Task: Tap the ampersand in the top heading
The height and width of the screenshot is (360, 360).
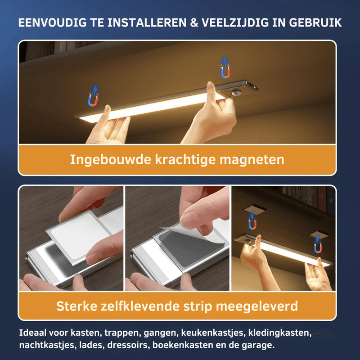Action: pos(194,23)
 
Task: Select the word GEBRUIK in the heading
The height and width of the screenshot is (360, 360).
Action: pos(315,23)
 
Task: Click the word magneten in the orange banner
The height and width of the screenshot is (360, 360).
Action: pos(252,160)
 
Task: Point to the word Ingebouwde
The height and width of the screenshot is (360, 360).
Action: pos(110,159)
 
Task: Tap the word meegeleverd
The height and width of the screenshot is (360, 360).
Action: pos(257,306)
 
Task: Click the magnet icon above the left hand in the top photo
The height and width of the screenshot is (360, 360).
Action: pos(94,95)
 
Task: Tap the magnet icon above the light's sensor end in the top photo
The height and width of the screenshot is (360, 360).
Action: pos(225,67)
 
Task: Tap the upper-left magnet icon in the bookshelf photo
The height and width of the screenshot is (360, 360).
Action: pos(252,221)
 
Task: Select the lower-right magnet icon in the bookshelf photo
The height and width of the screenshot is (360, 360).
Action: pos(318,245)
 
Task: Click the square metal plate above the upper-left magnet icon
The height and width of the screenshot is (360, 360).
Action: pos(254,209)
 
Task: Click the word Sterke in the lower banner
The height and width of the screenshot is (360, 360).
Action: pos(76,306)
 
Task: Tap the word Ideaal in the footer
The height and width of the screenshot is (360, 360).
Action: pos(32,333)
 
